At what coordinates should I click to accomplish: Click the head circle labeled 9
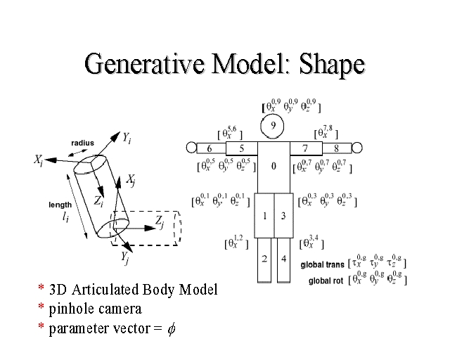[272, 127]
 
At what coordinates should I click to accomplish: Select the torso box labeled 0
[273, 167]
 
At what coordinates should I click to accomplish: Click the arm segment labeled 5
[241, 148]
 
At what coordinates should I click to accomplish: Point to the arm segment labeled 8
[336, 148]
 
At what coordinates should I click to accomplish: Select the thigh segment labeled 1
[265, 215]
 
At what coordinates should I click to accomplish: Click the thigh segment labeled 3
[283, 215]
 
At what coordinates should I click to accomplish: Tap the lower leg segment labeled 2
[265, 259]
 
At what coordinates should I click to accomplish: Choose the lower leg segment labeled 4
[283, 259]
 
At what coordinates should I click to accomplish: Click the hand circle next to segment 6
[191, 148]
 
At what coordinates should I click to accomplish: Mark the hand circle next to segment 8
[356, 148]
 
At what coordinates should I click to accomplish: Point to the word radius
[82, 143]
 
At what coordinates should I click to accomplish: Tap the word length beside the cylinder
[60, 205]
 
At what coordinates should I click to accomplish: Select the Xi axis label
[40, 160]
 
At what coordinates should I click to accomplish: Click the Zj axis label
[160, 221]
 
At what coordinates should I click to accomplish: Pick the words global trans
[322, 265]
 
